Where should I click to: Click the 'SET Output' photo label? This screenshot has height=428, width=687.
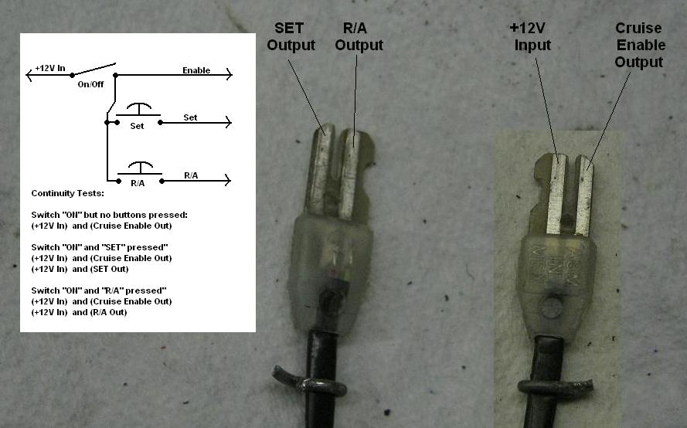click(291, 36)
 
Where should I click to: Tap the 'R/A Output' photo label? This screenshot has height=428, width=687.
click(359, 36)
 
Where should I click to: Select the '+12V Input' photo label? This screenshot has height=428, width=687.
click(530, 36)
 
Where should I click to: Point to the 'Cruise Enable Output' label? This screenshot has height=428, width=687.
click(640, 45)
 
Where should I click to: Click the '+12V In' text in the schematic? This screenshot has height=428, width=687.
click(50, 68)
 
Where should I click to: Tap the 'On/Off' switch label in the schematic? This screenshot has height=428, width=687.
click(90, 84)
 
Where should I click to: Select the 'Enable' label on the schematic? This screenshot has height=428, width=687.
click(196, 70)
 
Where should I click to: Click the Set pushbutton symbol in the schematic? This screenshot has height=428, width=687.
click(139, 110)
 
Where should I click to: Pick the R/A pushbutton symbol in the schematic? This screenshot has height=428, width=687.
click(140, 168)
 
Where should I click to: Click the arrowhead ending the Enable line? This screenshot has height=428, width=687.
click(229, 74)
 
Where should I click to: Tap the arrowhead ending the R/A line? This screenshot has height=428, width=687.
click(227, 180)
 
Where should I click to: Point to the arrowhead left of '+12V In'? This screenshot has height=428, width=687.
click(29, 75)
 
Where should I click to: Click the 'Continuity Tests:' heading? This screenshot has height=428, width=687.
click(67, 193)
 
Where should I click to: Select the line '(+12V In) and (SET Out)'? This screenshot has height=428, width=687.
click(80, 269)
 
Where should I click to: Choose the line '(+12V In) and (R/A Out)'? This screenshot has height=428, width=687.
click(80, 312)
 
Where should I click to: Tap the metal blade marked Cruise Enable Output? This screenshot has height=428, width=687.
click(584, 195)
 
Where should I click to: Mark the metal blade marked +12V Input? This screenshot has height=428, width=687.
click(556, 194)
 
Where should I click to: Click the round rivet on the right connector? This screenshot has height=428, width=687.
click(551, 307)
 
